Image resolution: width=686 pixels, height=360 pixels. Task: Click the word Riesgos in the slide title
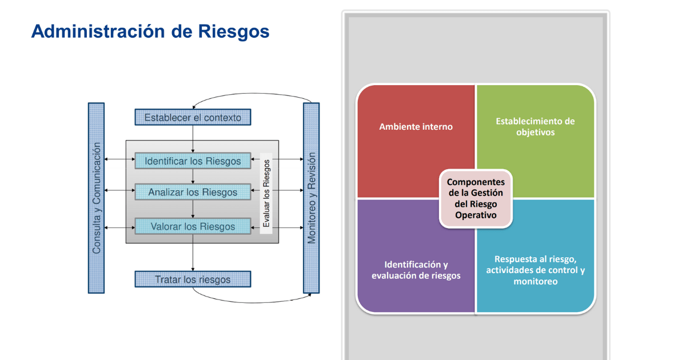click(234, 32)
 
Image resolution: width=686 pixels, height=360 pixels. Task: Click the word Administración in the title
click(98, 31)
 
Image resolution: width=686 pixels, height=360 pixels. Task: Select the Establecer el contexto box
click(193, 117)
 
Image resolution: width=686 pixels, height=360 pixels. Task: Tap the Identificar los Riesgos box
click(193, 161)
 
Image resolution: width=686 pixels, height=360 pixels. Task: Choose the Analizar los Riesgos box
click(193, 192)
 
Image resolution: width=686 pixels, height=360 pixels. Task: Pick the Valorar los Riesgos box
click(193, 226)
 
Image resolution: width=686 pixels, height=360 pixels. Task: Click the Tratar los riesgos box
click(193, 279)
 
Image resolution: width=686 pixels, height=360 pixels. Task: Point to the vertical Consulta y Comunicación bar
click(96, 198)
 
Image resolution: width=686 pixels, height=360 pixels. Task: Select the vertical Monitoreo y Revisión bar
click(311, 198)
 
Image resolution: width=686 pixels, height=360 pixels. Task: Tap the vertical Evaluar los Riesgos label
click(266, 194)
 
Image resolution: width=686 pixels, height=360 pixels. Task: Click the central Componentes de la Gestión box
click(476, 198)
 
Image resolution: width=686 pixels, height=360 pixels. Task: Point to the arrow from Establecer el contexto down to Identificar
click(193, 139)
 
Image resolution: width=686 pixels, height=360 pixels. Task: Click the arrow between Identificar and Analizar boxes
click(193, 177)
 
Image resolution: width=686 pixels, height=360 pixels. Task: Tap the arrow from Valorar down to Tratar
click(193, 253)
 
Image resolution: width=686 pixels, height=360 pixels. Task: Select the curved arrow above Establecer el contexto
click(253, 93)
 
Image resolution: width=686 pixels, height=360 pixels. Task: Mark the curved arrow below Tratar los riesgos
click(253, 303)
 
